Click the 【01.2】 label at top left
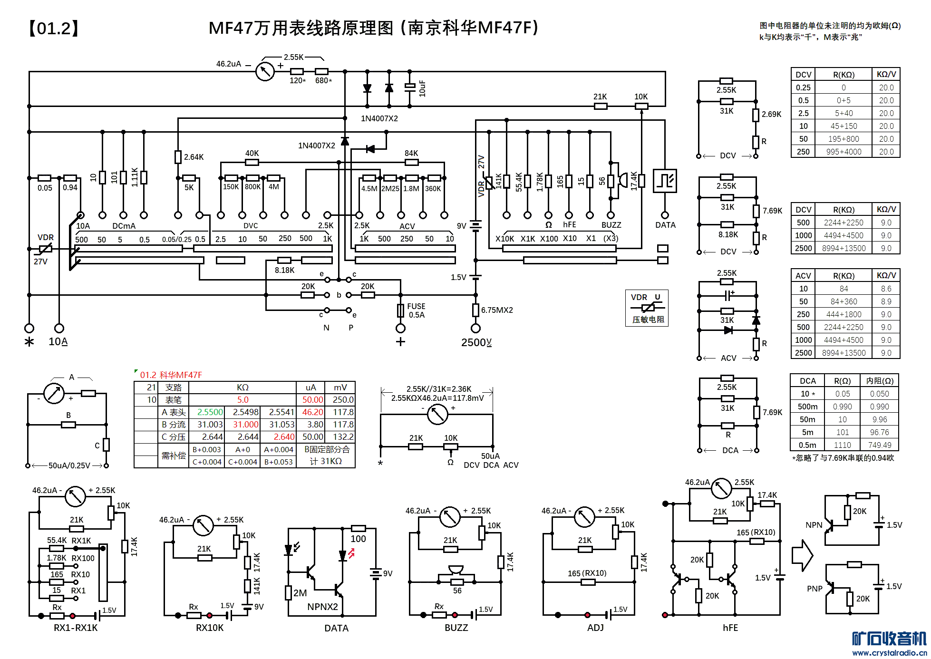(53, 29)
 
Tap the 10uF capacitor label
(422, 88)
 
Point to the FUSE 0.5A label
(416, 310)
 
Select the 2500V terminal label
(476, 342)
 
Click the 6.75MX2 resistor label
(497, 310)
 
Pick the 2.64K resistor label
(194, 157)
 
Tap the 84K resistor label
(411, 153)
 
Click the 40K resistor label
(252, 153)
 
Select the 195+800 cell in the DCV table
(844, 139)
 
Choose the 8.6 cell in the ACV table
(886, 289)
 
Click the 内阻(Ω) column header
(880, 381)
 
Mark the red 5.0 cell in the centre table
(242, 400)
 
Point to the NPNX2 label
(322, 607)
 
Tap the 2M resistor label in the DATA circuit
(300, 593)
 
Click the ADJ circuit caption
(595, 628)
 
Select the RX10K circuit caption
(210, 628)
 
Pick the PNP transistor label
(815, 589)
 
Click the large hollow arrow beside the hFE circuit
(802, 555)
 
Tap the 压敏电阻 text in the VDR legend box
(648, 320)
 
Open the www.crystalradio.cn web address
(889, 653)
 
